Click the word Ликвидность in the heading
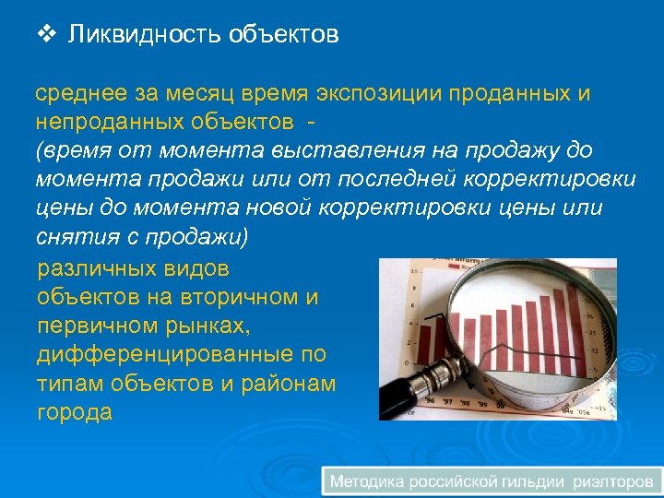pyautogui.click(x=133, y=35)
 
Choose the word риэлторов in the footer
pyautogui.click(x=613, y=480)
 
